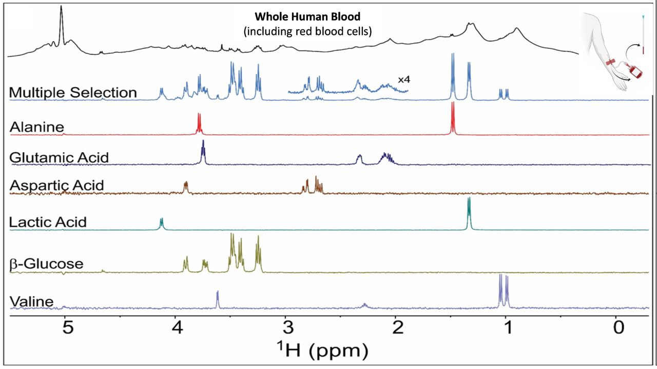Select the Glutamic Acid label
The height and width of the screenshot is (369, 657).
point(59,157)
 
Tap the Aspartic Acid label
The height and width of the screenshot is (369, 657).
point(56,184)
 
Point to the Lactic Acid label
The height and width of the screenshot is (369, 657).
point(48,222)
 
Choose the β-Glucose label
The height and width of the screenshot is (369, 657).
point(46,264)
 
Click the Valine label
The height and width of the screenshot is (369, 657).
point(31,301)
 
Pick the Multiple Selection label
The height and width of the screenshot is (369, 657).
point(73,93)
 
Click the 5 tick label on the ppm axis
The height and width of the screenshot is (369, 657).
point(66,327)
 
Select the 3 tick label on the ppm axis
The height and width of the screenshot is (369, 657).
point(286,327)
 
